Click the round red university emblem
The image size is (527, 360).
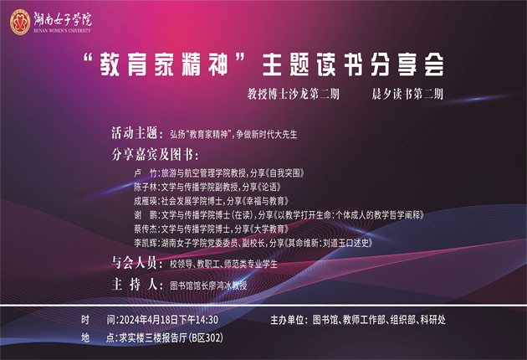[20, 23]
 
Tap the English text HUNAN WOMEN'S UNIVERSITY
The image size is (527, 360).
[62, 31]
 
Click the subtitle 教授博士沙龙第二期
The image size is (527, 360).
[294, 94]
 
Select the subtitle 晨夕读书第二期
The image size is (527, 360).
[407, 94]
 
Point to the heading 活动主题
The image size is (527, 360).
[135, 133]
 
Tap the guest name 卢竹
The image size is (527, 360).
[146, 173]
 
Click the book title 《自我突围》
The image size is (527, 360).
[284, 173]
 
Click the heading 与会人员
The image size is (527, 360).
[135, 263]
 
